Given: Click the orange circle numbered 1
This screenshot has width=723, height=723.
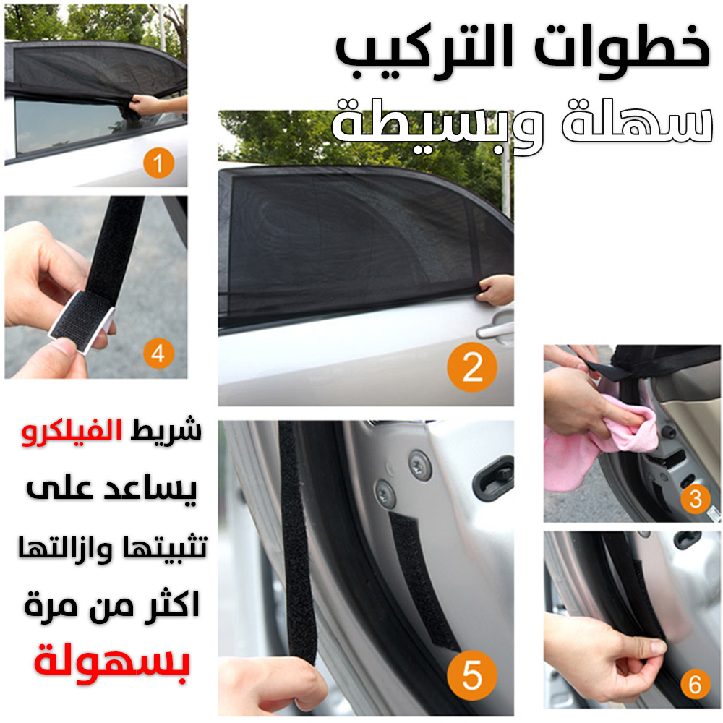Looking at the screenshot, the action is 158,163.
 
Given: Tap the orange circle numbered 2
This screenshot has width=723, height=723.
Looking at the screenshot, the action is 471,367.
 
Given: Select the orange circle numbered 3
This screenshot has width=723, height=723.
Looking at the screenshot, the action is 696,498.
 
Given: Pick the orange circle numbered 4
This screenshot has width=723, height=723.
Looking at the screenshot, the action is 158,354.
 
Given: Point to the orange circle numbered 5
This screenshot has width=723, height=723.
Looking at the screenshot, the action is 471,675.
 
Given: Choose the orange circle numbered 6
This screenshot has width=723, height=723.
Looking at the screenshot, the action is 696,684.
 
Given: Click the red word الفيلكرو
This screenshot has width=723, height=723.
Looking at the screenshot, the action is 72,432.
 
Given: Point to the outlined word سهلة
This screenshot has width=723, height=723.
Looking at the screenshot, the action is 637,121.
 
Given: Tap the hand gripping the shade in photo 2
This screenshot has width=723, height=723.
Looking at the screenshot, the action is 496,291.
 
